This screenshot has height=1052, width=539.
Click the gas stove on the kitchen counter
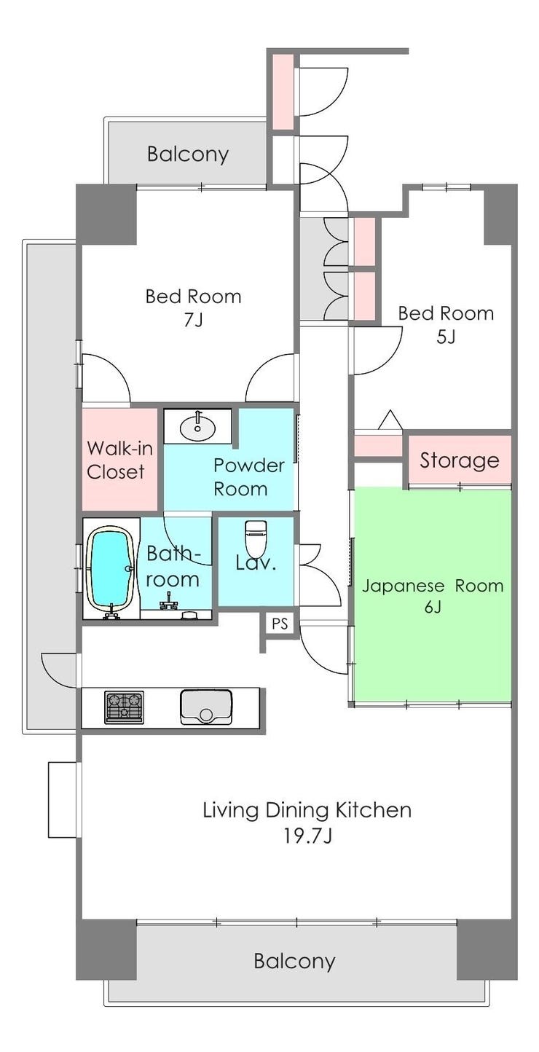click(x=124, y=707)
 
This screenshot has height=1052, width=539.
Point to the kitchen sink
click(x=206, y=706)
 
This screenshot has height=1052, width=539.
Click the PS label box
click(x=280, y=624)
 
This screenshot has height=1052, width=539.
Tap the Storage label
click(x=459, y=460)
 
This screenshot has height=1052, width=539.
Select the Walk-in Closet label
click(x=120, y=460)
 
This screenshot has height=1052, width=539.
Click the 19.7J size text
click(x=307, y=836)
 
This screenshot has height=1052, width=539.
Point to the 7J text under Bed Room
click(x=193, y=320)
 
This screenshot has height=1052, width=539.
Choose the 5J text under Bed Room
click(x=446, y=337)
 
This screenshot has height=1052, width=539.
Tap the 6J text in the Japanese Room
click(x=433, y=607)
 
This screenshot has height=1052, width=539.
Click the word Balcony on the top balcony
click(x=188, y=154)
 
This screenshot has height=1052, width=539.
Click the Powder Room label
click(x=249, y=477)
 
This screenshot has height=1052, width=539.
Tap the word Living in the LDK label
click(x=230, y=811)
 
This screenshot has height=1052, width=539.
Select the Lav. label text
click(x=256, y=562)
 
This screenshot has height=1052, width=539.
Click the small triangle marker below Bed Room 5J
click(x=390, y=420)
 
